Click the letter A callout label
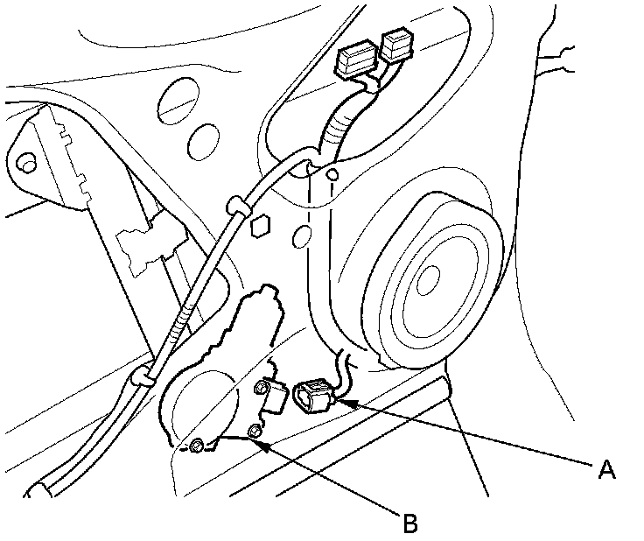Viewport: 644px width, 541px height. (605, 470)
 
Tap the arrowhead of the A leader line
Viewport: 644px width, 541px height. (339, 401)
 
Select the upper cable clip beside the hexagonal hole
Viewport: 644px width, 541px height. (234, 208)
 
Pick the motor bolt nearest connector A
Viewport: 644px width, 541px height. (262, 386)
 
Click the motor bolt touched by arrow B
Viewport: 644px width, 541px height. (255, 431)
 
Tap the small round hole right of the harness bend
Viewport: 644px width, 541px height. (332, 178)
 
